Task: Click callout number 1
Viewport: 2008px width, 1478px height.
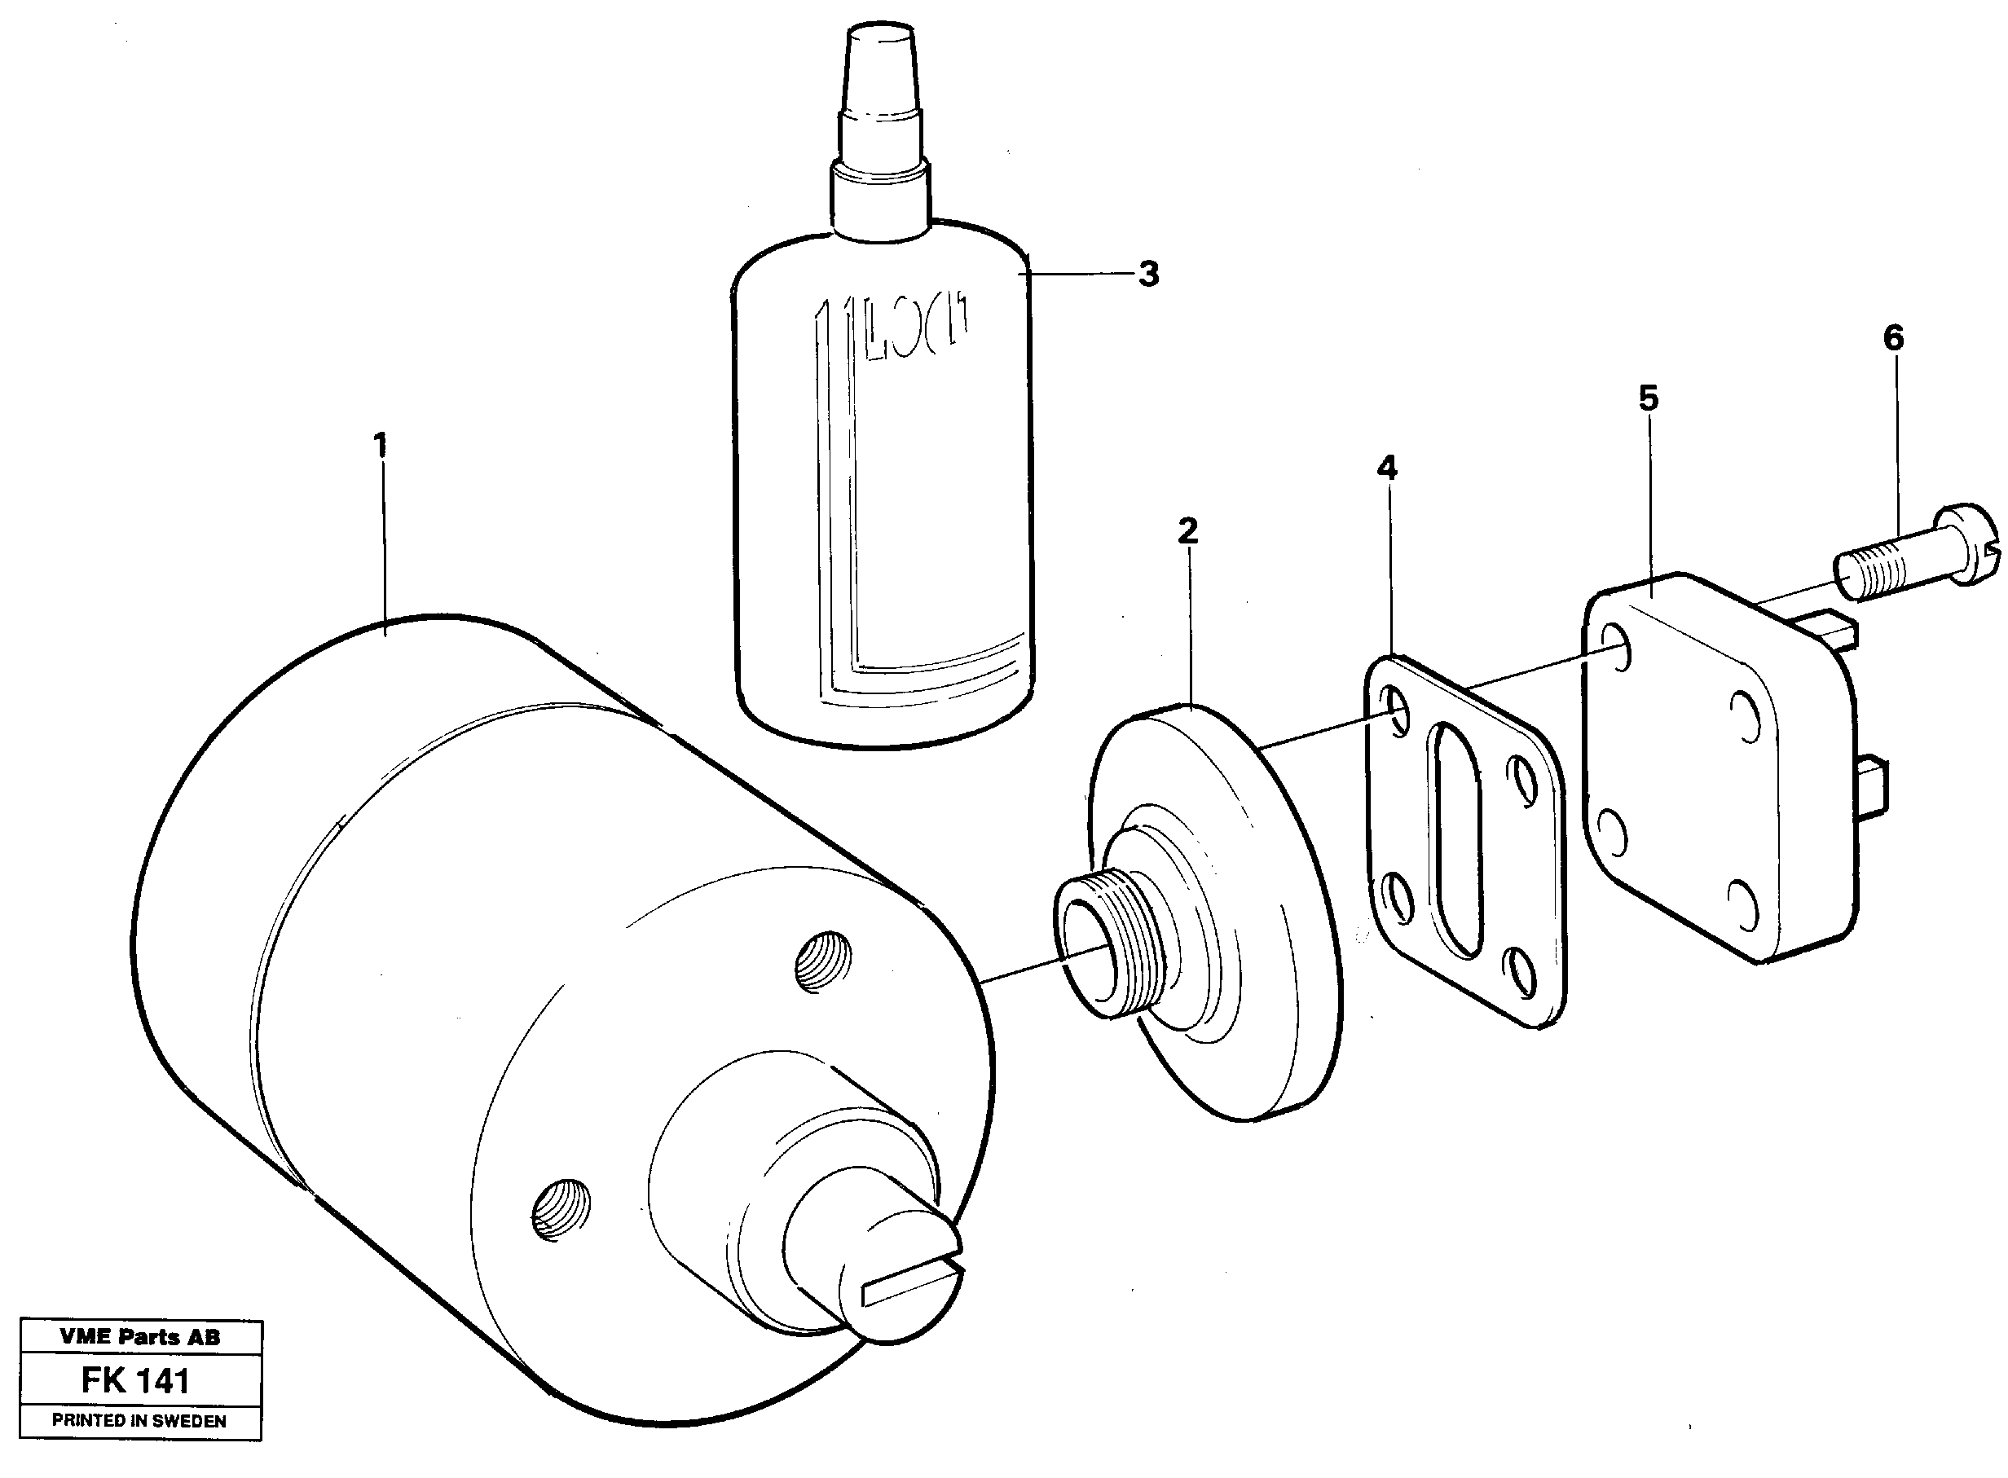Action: pos(381,446)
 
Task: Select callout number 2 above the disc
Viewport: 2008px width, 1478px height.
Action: pos(1187,531)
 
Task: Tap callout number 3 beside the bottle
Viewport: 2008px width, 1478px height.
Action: pos(1148,275)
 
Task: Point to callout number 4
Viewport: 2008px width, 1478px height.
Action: pos(1386,467)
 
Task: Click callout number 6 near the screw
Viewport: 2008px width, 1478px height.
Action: pos(1892,338)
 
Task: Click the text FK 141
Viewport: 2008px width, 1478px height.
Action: pos(136,1381)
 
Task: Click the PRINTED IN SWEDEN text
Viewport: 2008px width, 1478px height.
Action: pos(139,1421)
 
